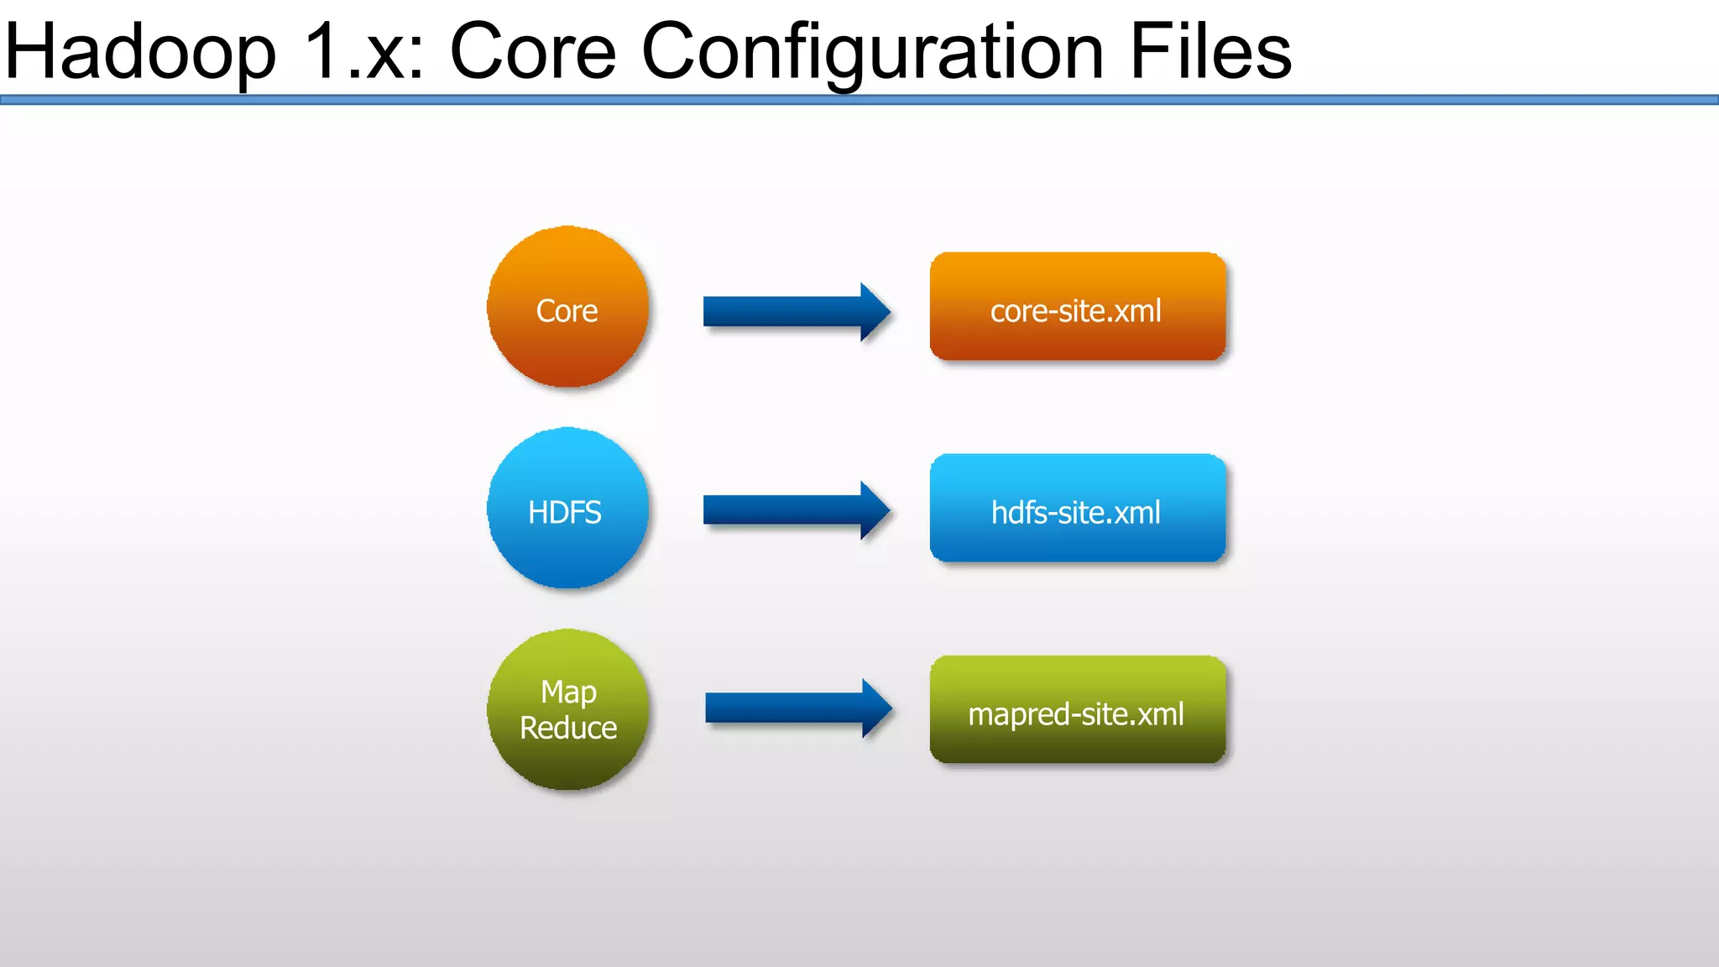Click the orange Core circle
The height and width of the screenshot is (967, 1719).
click(568, 307)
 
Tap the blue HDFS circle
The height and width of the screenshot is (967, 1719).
click(568, 509)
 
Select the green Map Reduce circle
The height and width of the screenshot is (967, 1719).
click(568, 710)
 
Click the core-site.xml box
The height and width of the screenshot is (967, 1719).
click(1078, 307)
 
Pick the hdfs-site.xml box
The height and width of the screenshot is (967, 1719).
click(1078, 509)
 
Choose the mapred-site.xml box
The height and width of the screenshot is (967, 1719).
click(1078, 710)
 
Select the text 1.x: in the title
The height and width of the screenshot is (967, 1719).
click(364, 52)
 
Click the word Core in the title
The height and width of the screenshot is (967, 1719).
click(534, 52)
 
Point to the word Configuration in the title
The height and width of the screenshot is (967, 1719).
click(873, 52)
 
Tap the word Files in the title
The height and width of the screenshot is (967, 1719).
click(1210, 52)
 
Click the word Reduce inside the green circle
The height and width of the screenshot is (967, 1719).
click(568, 728)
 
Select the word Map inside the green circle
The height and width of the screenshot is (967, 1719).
click(568, 693)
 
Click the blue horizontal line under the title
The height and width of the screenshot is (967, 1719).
click(859, 100)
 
